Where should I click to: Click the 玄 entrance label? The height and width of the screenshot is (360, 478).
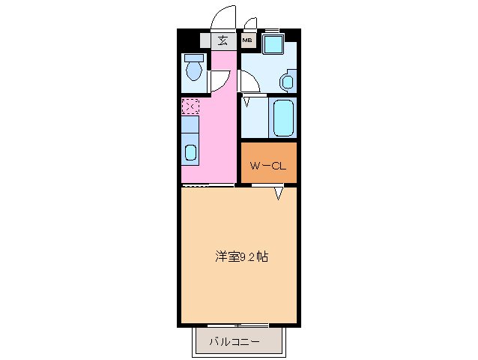(x=223, y=41)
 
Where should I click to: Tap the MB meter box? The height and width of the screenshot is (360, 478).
(x=246, y=41)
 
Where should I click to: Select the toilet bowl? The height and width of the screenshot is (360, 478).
(x=195, y=72)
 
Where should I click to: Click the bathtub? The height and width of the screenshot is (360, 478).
(x=285, y=118)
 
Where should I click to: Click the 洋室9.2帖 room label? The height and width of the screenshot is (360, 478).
(x=242, y=256)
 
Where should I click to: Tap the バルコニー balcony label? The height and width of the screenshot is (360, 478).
(x=235, y=342)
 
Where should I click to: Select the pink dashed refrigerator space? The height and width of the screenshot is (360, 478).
(x=190, y=107)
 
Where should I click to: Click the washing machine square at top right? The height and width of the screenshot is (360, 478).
(x=272, y=43)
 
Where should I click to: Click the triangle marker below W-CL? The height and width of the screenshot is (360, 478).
(x=278, y=194)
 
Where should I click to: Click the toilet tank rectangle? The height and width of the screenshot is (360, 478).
(x=195, y=58)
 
